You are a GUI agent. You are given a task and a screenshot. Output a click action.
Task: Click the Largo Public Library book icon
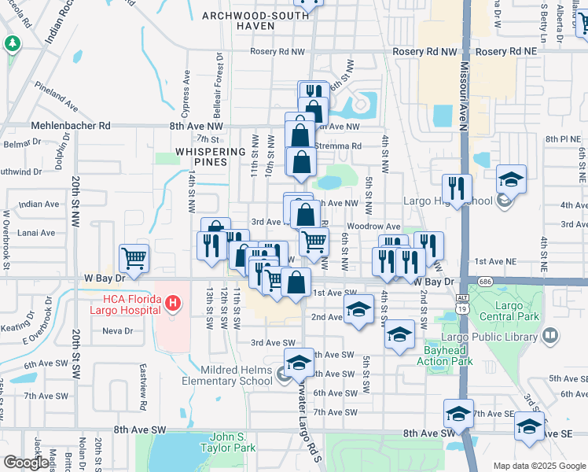(x=550, y=336)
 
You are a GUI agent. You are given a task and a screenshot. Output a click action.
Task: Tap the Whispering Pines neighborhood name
(x=201, y=157)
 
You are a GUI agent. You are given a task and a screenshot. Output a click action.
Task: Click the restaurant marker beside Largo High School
(x=456, y=188)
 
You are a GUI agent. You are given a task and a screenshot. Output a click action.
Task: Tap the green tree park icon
(x=13, y=44)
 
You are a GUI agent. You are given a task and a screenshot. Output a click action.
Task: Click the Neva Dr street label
(x=118, y=331)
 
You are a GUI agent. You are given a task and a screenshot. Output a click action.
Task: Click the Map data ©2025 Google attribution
(x=538, y=466)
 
